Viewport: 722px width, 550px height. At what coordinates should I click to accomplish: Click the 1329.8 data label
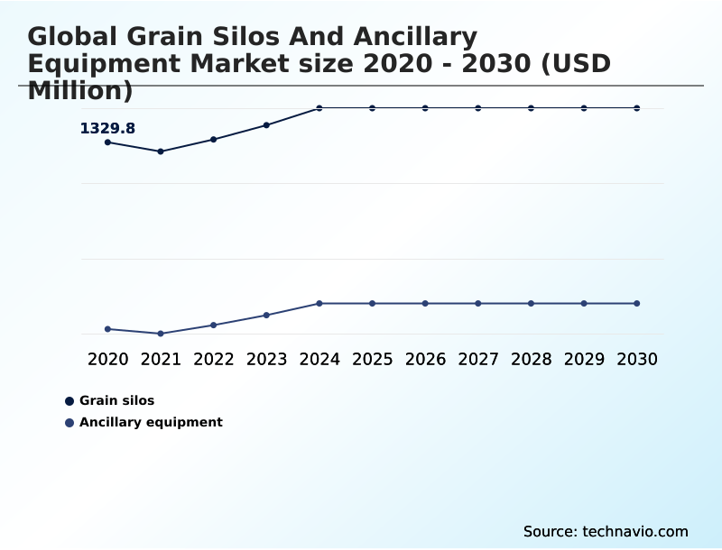pos(107,129)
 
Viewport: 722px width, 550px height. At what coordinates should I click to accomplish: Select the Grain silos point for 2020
pos(107,142)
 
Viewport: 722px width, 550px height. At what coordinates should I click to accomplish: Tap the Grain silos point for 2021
pos(161,151)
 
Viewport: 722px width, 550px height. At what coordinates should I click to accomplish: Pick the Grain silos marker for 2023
pos(266,125)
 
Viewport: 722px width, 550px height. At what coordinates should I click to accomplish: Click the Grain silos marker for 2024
pos(319,108)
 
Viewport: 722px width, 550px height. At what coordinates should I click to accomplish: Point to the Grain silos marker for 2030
pos(636,108)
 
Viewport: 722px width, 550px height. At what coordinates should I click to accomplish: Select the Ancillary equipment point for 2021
pos(161,334)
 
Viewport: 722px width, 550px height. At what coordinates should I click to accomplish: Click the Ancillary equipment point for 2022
pos(214,325)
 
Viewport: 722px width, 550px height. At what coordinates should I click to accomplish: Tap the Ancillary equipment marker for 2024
pos(319,303)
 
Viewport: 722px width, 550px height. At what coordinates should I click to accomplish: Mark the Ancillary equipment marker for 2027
pos(478,303)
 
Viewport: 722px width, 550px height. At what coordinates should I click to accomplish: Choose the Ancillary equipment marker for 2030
pos(636,303)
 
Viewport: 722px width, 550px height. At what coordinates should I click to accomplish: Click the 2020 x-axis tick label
pos(107,359)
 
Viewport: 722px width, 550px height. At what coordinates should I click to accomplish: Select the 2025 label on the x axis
pos(372,359)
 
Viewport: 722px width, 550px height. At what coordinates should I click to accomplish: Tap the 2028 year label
pos(531,359)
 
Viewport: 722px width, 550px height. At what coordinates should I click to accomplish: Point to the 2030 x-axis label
pos(636,359)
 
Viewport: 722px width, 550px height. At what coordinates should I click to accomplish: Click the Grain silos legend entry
pos(116,400)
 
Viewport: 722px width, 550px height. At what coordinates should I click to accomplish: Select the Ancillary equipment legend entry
pos(150,422)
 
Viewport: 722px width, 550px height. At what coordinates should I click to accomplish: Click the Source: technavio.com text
pos(606,531)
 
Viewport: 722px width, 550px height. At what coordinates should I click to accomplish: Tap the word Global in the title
pos(73,37)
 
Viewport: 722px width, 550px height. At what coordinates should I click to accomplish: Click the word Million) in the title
pos(80,91)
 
